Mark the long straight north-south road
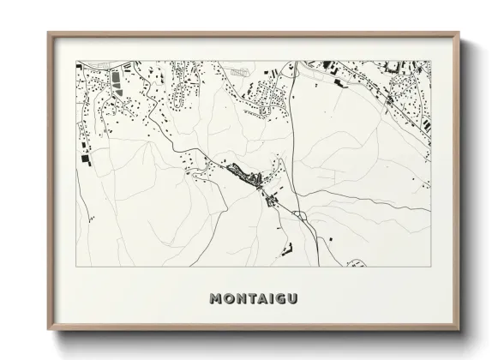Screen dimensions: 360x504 click(x=291, y=137)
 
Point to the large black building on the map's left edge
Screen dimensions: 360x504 click(x=84, y=159)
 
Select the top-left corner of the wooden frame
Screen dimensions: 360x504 click(x=48, y=33)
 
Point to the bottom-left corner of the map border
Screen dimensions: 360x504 click(x=75, y=267)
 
